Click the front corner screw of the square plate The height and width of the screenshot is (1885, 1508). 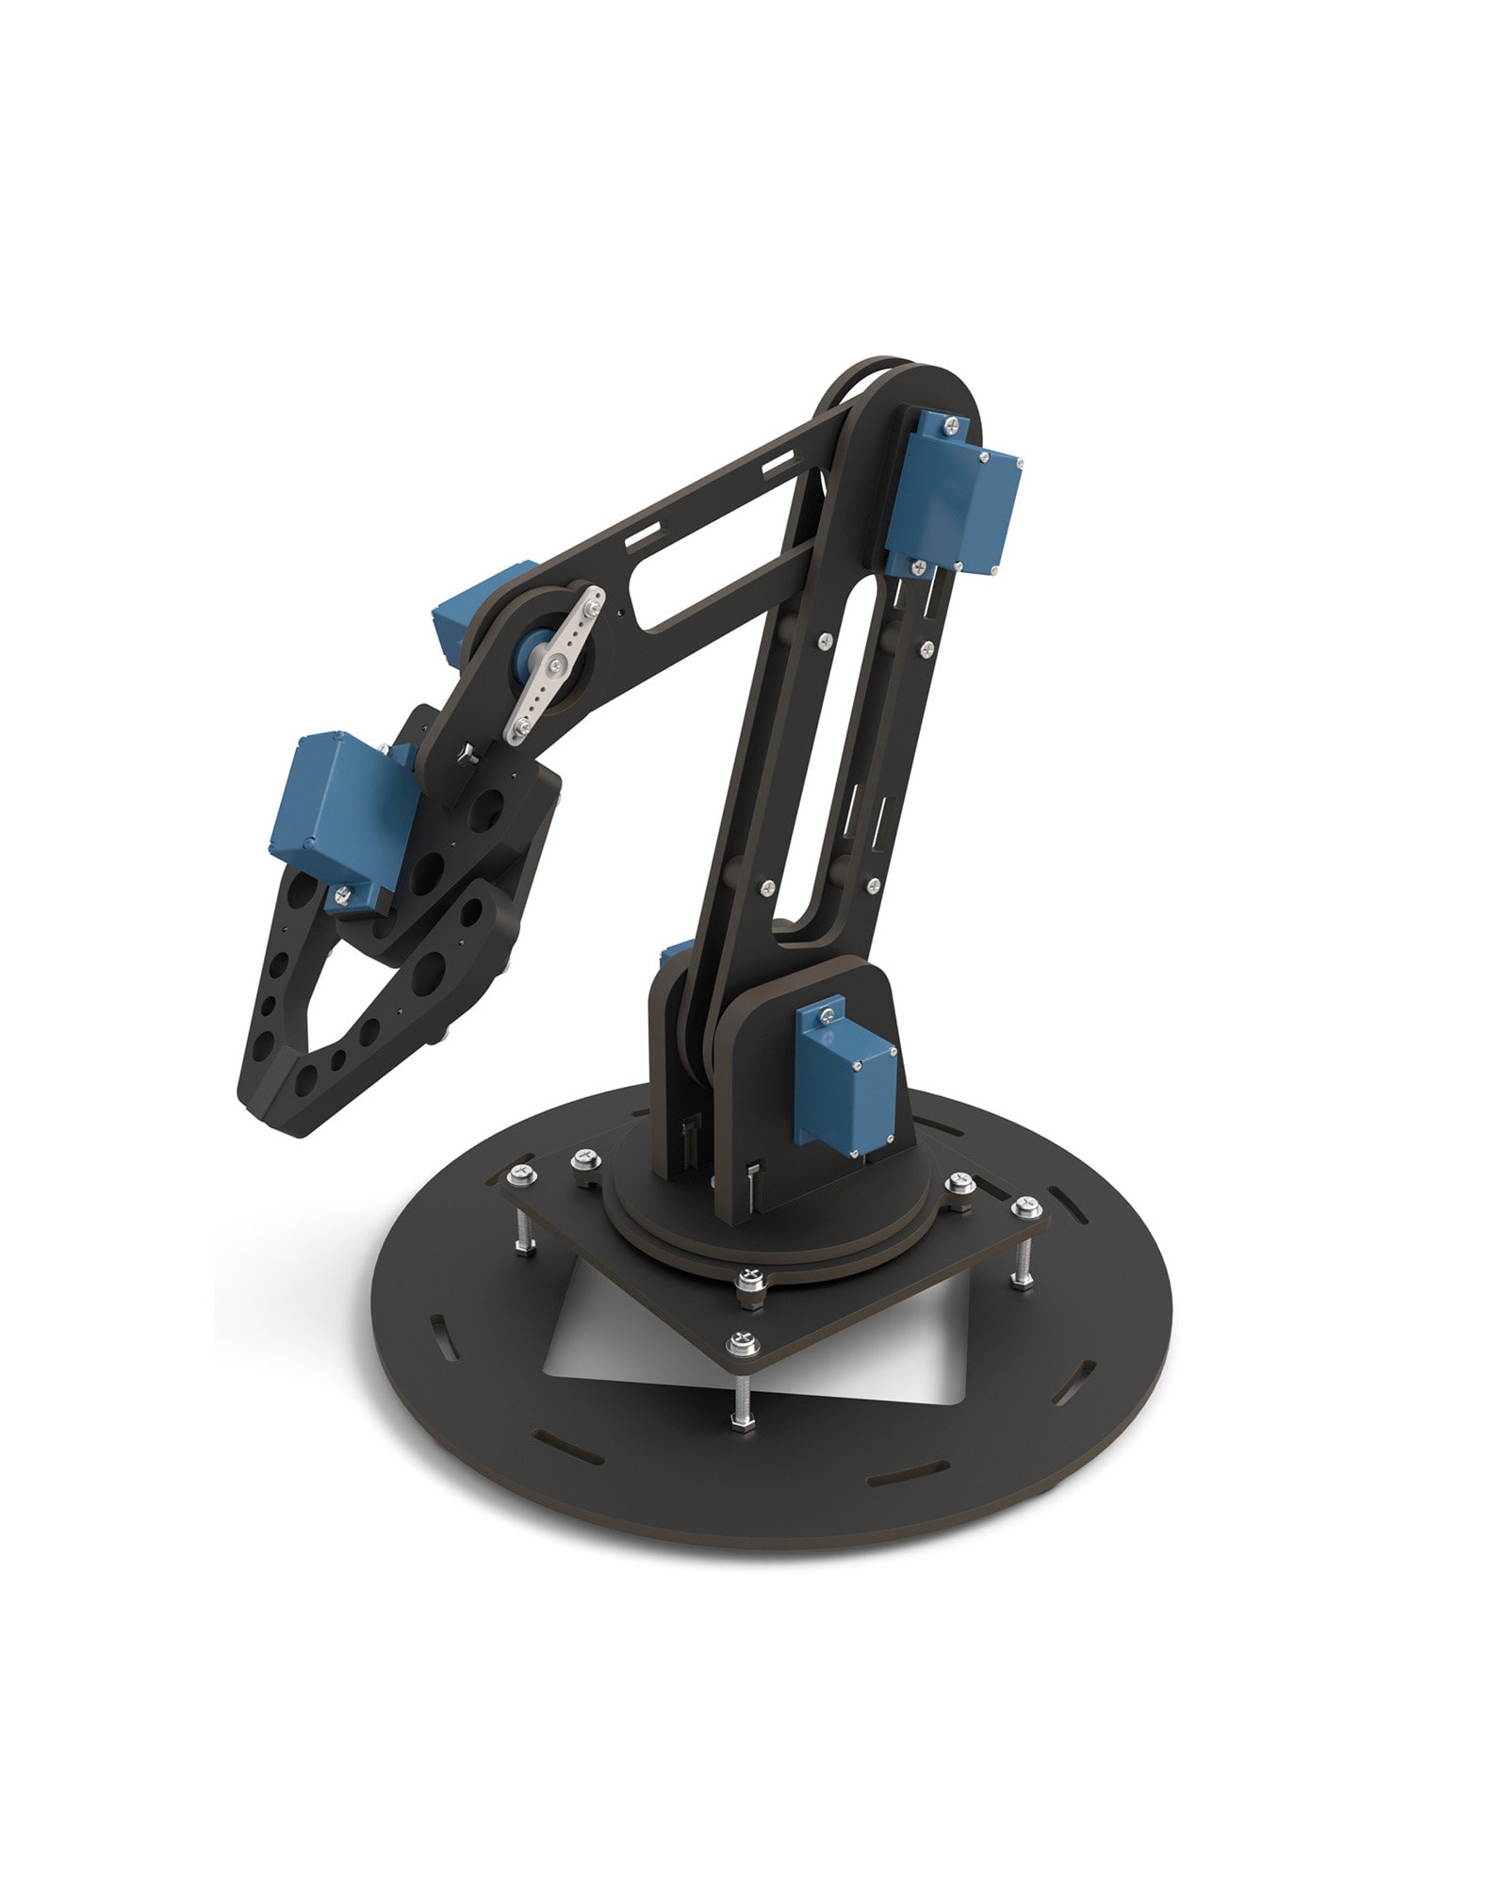click(743, 1339)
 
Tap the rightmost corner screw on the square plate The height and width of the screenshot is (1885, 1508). click(1026, 1206)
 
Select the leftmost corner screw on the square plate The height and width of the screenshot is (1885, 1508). click(521, 1174)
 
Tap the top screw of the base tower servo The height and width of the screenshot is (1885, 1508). click(826, 1015)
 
